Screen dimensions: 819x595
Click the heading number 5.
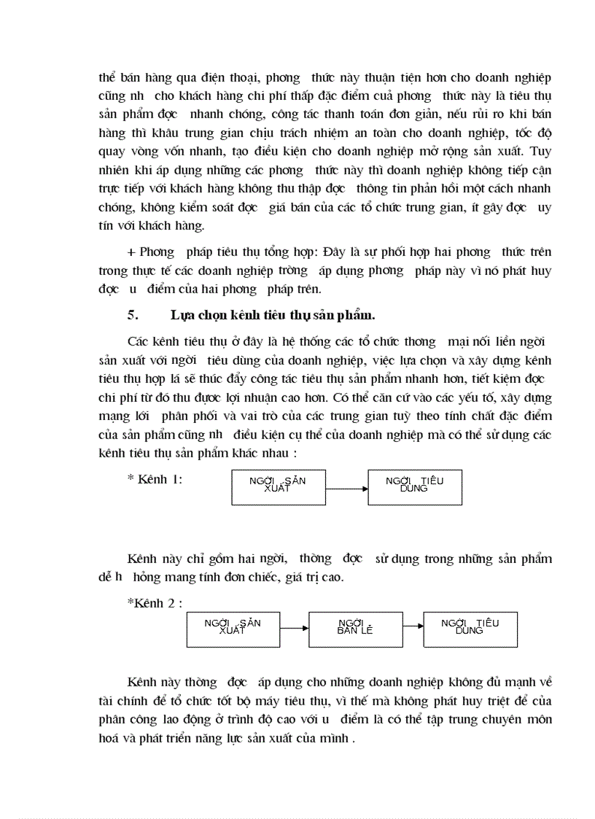132,316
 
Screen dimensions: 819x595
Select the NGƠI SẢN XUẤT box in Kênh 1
279,486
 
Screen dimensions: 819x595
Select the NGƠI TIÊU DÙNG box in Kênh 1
414,486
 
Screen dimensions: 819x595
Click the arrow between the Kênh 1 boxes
346,487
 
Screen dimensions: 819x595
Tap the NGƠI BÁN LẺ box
355,629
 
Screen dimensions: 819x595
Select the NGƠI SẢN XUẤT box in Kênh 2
233,628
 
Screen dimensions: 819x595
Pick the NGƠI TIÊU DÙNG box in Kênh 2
470,628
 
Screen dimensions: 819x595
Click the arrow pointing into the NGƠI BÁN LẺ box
295,628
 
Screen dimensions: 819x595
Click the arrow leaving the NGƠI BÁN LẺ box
413,625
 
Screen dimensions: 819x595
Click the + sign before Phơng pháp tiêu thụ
132,252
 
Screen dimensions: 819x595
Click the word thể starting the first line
106,77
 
